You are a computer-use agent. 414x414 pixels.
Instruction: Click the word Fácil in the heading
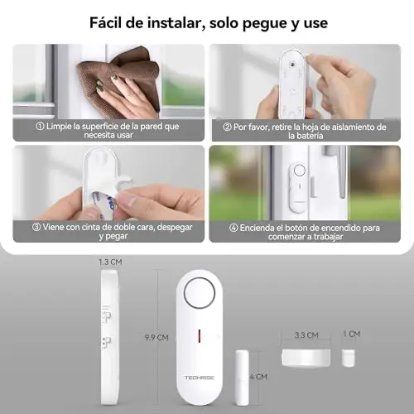tap(106, 22)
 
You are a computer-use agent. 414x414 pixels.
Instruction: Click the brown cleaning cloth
tap(122, 80)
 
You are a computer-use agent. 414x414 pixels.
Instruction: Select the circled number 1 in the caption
tap(40, 127)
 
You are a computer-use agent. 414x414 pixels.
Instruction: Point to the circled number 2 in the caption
tap(227, 128)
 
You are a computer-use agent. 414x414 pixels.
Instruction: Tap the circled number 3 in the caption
tap(36, 228)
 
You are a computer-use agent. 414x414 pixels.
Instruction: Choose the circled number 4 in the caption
tap(233, 229)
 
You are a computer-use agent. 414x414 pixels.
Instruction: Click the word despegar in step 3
tap(175, 228)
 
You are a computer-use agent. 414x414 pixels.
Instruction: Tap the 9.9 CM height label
tap(156, 337)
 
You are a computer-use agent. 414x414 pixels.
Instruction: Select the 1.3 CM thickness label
tap(110, 262)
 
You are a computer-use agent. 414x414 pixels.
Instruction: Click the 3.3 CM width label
tap(306, 335)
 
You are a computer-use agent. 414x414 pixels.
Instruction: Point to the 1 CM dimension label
tap(352, 335)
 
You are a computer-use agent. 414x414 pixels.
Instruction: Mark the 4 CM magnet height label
tap(258, 377)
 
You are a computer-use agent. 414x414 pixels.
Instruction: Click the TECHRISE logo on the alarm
tap(200, 378)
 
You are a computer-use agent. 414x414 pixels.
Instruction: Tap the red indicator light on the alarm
tap(200, 336)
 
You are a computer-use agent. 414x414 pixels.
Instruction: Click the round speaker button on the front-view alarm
tap(200, 293)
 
